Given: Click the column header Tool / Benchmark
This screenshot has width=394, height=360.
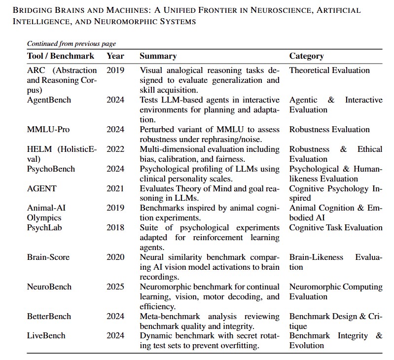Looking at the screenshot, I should (x=61, y=56).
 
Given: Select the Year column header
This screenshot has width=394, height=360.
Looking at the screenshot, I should (x=115, y=56).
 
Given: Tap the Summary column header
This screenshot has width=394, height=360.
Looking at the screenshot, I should (x=158, y=56).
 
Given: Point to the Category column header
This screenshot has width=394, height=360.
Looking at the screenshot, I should (x=306, y=56).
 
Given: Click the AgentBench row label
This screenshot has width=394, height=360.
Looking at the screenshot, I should (x=49, y=100).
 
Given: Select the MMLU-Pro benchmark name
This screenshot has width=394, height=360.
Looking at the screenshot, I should (x=48, y=130).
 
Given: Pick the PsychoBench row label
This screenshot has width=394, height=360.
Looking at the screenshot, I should (x=51, y=169).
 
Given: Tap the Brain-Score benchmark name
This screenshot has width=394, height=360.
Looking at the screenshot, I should (x=48, y=257).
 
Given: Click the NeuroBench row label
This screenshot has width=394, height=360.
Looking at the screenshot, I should (x=49, y=287).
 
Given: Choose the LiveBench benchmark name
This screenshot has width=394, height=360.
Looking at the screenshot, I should (x=46, y=336).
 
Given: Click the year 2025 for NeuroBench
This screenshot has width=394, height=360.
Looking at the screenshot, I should (x=115, y=287).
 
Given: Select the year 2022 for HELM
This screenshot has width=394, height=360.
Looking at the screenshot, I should (x=115, y=149).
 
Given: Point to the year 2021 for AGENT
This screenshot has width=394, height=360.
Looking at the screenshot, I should (x=115, y=188).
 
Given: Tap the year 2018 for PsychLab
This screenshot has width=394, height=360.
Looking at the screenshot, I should (x=115, y=228).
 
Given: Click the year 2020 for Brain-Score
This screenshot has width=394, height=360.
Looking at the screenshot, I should (x=115, y=257).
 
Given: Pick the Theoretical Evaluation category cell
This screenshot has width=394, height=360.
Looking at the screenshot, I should (x=329, y=71).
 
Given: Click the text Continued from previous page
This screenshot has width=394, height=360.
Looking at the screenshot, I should (x=72, y=44).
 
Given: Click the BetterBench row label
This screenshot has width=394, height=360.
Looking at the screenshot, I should (x=49, y=317).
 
